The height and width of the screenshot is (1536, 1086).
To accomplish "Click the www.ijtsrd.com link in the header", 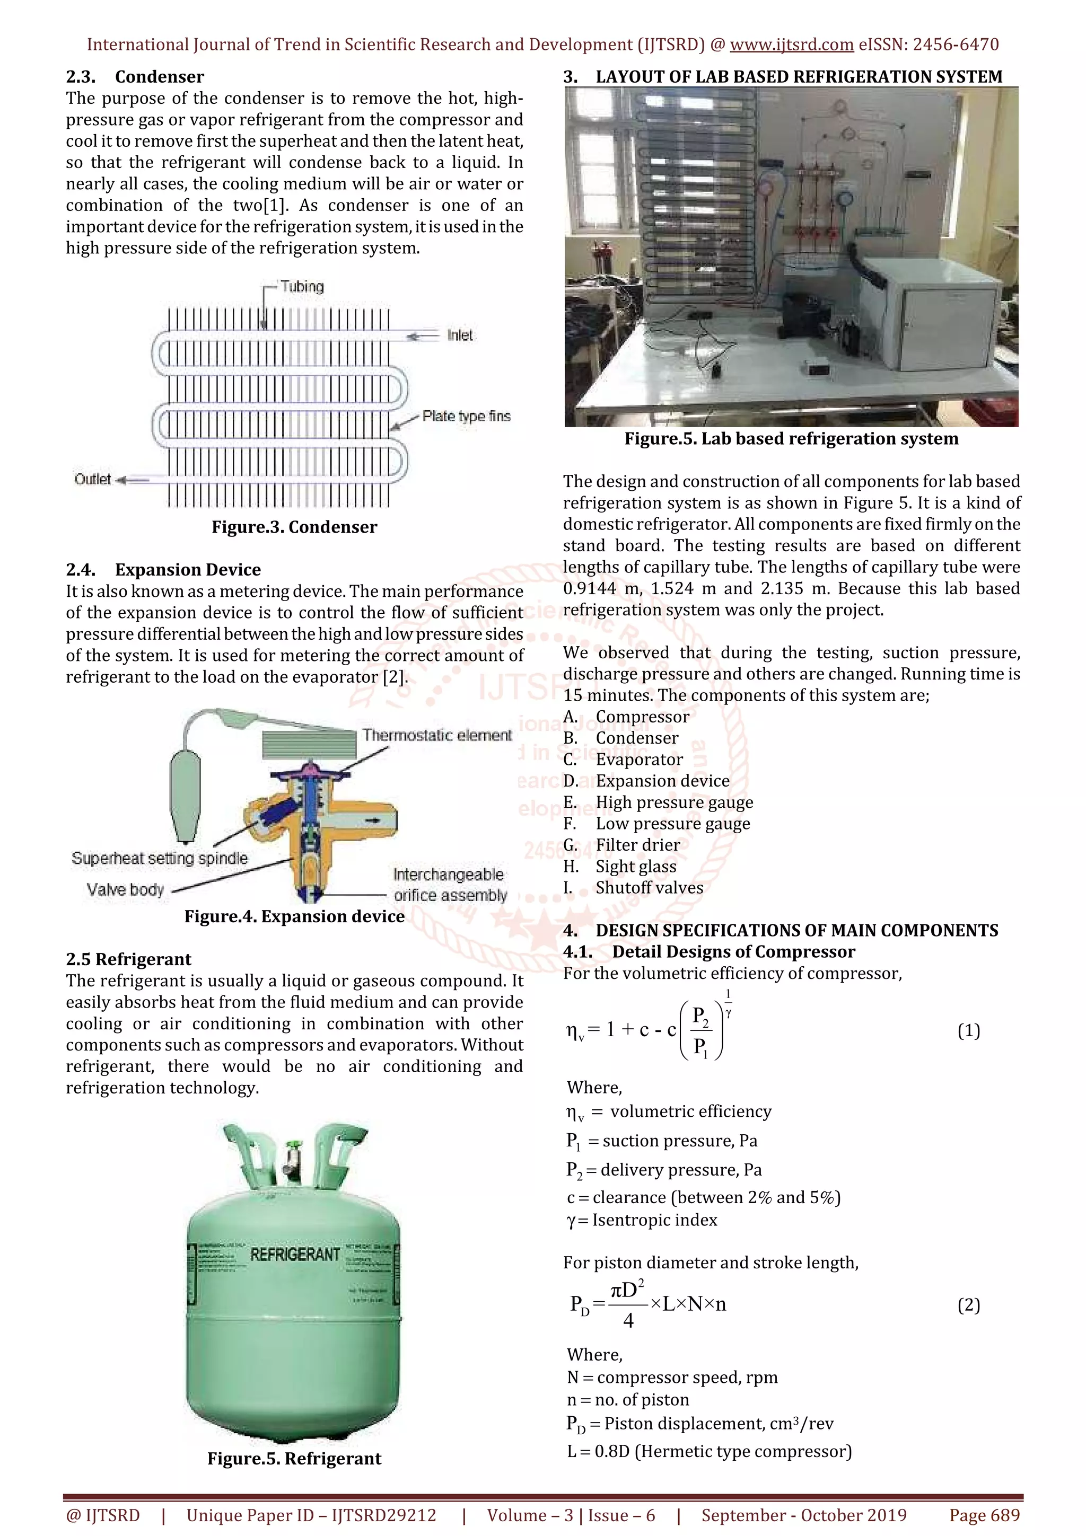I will pyautogui.click(x=791, y=45).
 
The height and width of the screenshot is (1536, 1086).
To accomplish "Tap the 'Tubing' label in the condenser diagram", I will pyautogui.click(x=302, y=287).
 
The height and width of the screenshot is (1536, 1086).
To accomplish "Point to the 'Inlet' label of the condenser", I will pyautogui.click(x=460, y=335).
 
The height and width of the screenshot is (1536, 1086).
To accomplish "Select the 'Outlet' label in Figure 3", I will pyautogui.click(x=93, y=479).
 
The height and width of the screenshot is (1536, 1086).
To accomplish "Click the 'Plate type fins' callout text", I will pyautogui.click(x=467, y=416).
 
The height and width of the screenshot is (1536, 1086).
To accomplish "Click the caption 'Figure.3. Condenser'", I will pyautogui.click(x=294, y=527).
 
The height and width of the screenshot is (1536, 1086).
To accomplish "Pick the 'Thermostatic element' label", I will pyautogui.click(x=437, y=735).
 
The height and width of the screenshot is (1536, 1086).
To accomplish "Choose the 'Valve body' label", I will pyautogui.click(x=125, y=890).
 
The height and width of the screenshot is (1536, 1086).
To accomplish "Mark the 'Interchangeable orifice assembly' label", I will pyautogui.click(x=450, y=885).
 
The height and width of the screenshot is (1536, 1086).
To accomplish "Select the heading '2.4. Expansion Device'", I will pyautogui.click(x=163, y=570).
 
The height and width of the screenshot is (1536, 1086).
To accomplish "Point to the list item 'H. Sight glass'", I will pyautogui.click(x=619, y=867).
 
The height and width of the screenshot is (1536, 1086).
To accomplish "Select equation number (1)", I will pyautogui.click(x=968, y=1031).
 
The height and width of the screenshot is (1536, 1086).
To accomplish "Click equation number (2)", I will pyautogui.click(x=968, y=1305).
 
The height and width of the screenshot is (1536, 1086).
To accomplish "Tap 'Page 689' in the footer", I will pyautogui.click(x=984, y=1515).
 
